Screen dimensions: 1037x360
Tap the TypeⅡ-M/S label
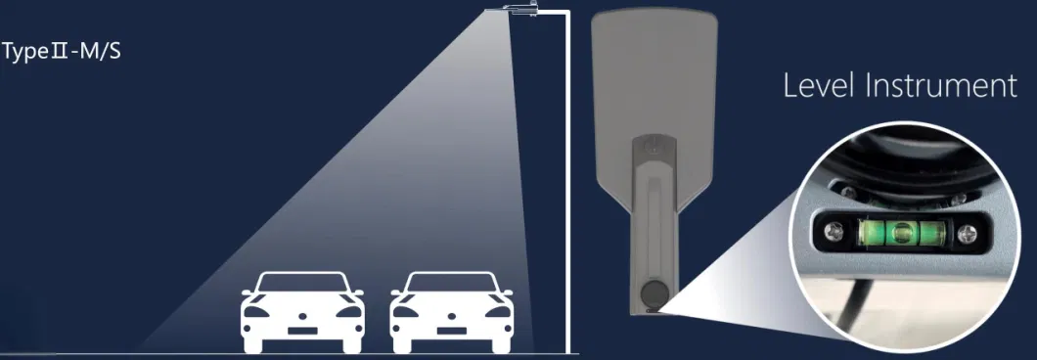click(62, 52)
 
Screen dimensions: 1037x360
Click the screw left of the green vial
click(834, 232)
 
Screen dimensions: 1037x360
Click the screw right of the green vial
click(968, 233)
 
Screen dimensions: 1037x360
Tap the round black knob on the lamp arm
click(655, 292)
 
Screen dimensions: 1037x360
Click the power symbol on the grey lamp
click(654, 147)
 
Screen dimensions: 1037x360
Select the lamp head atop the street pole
click(519, 9)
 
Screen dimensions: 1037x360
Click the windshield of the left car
click(302, 283)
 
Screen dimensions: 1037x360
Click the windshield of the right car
click(451, 283)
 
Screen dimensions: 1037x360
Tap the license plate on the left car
click(303, 331)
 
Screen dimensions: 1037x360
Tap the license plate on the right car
click(451, 331)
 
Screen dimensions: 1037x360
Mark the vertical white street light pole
click(568, 183)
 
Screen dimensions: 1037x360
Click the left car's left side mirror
click(248, 292)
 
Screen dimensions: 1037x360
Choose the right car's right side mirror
click(507, 292)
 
